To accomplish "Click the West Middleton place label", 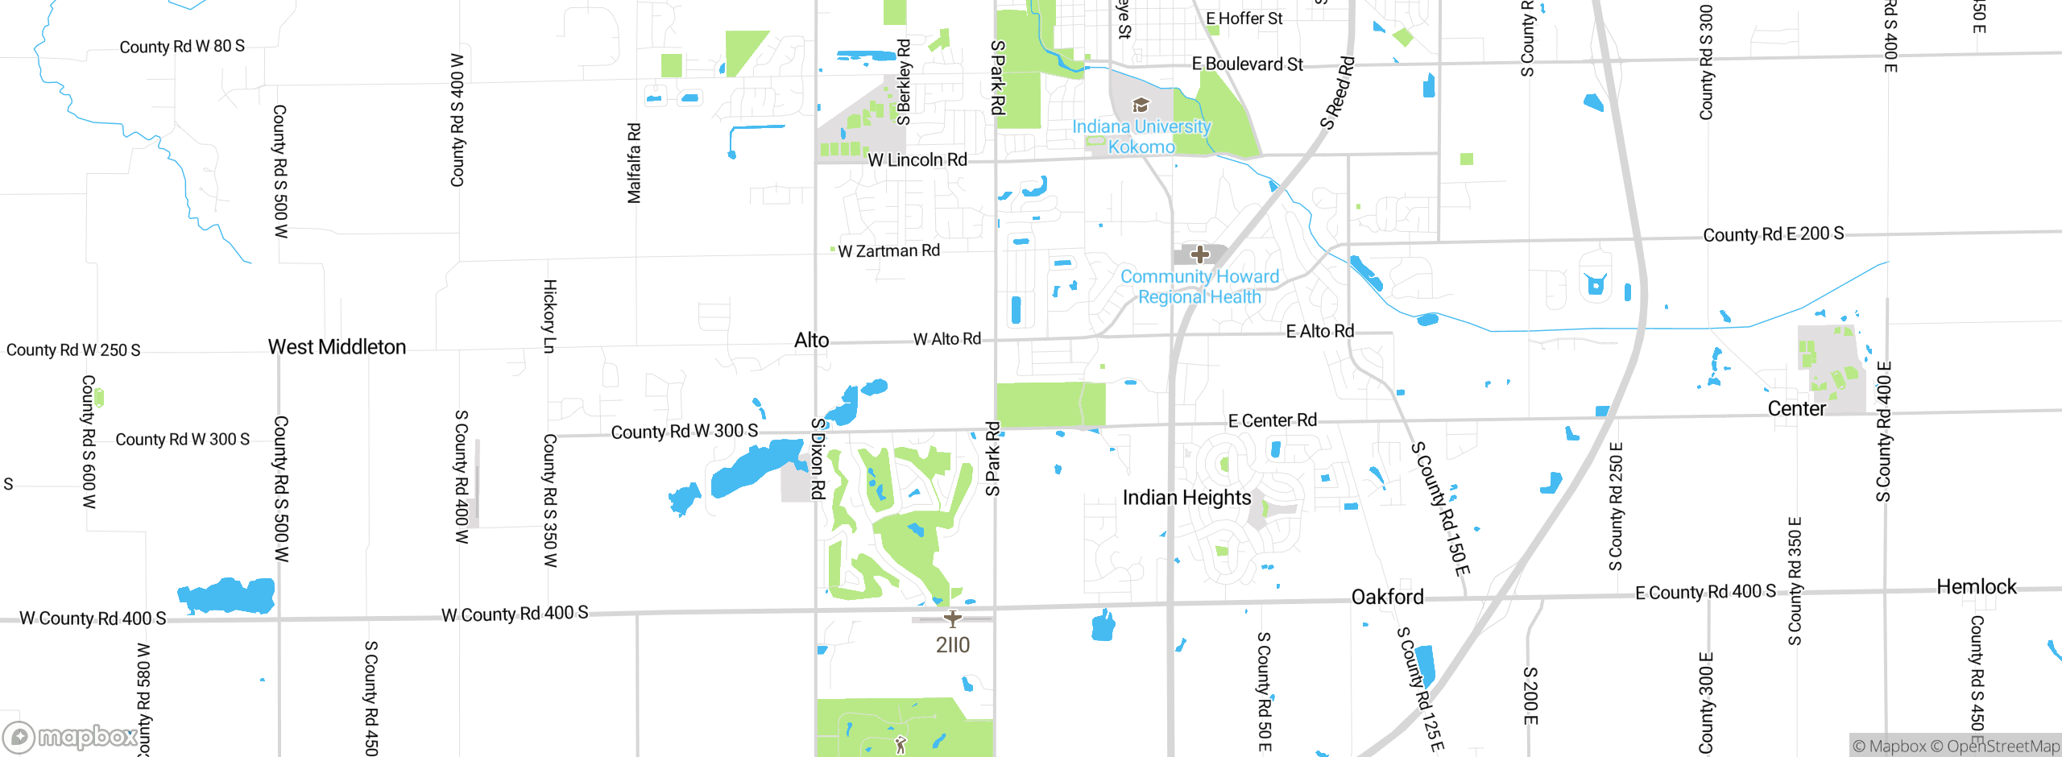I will pyautogui.click(x=337, y=347).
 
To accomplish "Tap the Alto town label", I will pyautogui.click(x=811, y=341).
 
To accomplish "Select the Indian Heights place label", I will pyautogui.click(x=1186, y=498).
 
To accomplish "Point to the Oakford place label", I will pyautogui.click(x=1387, y=597).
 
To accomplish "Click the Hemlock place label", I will pyautogui.click(x=1976, y=586).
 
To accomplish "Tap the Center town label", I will pyautogui.click(x=1796, y=408).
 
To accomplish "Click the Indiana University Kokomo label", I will pyautogui.click(x=1141, y=137).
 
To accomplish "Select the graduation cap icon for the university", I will pyautogui.click(x=1141, y=105).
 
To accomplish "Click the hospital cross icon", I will pyautogui.click(x=1200, y=254).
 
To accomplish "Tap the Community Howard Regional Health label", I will pyautogui.click(x=1199, y=287).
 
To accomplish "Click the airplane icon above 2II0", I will pyautogui.click(x=953, y=618).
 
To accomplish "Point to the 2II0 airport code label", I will pyautogui.click(x=953, y=645).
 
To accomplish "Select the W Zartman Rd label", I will pyautogui.click(x=888, y=251).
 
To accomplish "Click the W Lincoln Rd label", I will pyautogui.click(x=917, y=160).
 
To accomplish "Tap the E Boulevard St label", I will pyautogui.click(x=1247, y=64).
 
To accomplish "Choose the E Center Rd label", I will pyautogui.click(x=1272, y=420).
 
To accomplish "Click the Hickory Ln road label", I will pyautogui.click(x=549, y=316).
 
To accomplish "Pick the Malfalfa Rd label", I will pyautogui.click(x=635, y=163).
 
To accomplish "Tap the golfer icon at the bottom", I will pyautogui.click(x=901, y=745).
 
